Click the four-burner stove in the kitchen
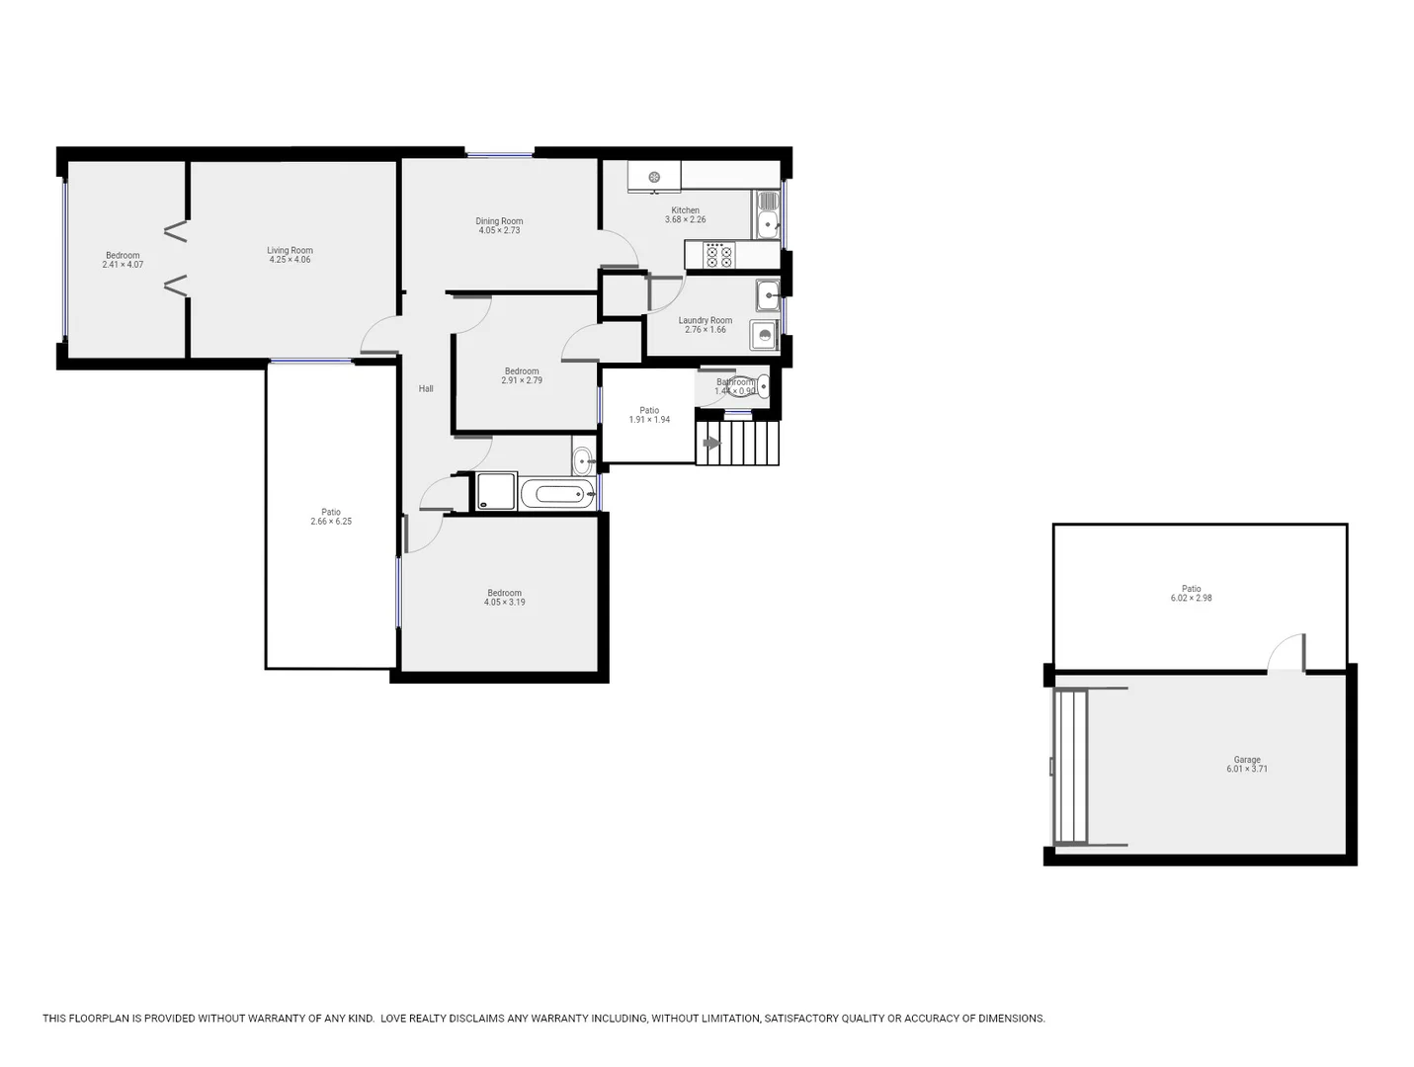tap(719, 257)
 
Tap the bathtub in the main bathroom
tap(557, 494)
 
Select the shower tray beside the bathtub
tap(496, 491)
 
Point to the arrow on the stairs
tap(709, 444)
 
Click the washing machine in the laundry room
tap(764, 335)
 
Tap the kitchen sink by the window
tap(768, 214)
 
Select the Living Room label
tap(290, 251)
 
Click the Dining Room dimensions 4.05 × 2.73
tap(499, 230)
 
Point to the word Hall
tap(426, 389)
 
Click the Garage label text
tap(1247, 760)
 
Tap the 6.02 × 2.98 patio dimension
tap(1191, 598)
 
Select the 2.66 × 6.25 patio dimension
tap(331, 521)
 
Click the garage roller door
tap(1070, 767)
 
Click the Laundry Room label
tap(706, 320)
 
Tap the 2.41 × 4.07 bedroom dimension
tap(124, 265)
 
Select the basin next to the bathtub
tap(583, 459)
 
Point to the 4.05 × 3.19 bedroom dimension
tap(505, 602)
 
